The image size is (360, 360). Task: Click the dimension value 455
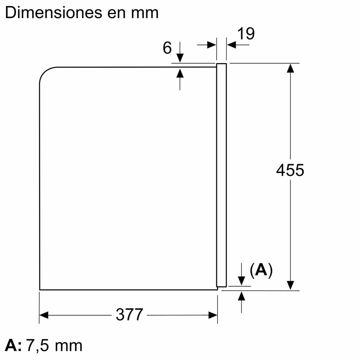290,171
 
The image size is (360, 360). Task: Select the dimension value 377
129,315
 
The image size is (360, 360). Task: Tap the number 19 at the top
246,33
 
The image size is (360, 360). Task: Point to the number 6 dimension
167,48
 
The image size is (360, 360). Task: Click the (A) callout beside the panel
261,270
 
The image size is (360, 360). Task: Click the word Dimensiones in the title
53,13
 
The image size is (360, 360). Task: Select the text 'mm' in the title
145,14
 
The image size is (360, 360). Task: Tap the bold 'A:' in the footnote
13,345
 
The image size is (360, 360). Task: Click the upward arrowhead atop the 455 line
290,68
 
